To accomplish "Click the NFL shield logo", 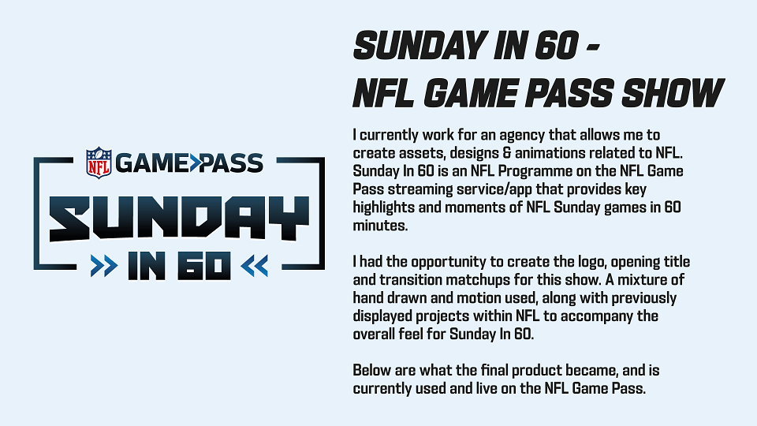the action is pyautogui.click(x=99, y=163).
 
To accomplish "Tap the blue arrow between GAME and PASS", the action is pyautogui.click(x=195, y=163).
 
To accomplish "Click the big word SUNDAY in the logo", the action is pyautogui.click(x=179, y=219).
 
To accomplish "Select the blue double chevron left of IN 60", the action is pyautogui.click(x=104, y=266).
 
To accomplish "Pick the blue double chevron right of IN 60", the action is pyautogui.click(x=255, y=266).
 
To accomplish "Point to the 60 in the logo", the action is pyautogui.click(x=204, y=266).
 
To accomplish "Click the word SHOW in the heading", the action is pyautogui.click(x=673, y=92).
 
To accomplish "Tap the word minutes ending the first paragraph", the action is pyautogui.click(x=380, y=226).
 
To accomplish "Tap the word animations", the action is pyautogui.click(x=549, y=153).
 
